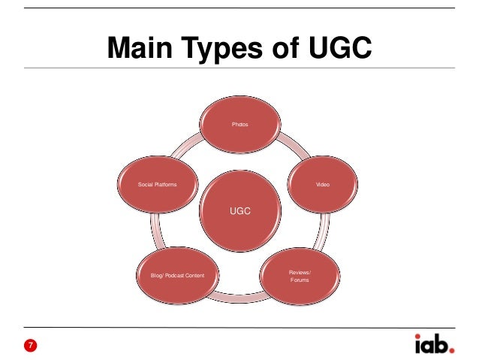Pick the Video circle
coord(322,184)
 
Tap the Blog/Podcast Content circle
coord(176,275)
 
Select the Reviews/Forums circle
coord(299,275)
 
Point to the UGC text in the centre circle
coord(240,211)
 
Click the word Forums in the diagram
coord(299,280)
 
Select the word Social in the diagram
coord(146,184)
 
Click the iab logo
coord(434,344)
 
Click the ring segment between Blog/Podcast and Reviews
coord(238,301)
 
